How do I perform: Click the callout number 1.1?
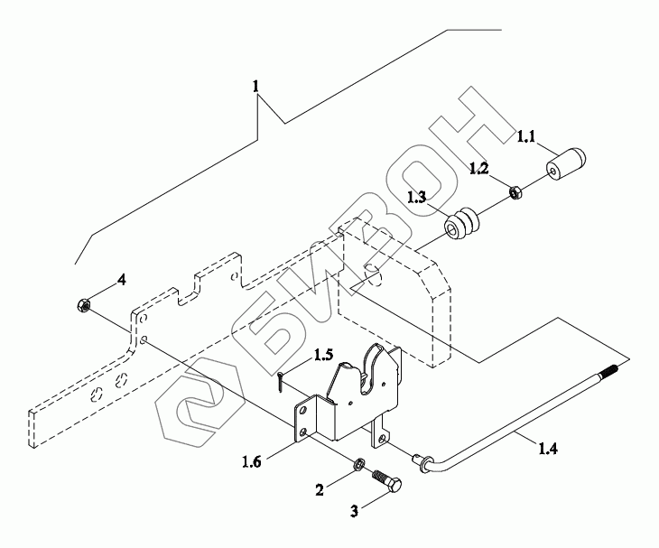click(x=525, y=136)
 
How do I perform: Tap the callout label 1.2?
click(x=478, y=169)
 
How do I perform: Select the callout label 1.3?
click(x=416, y=197)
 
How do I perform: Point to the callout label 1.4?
click(x=548, y=449)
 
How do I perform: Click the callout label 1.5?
click(x=323, y=355)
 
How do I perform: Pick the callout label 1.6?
click(x=251, y=462)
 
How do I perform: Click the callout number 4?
click(x=121, y=280)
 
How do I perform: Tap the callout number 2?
click(x=320, y=490)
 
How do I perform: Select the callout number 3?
click(x=354, y=512)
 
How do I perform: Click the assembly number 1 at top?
click(x=256, y=87)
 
